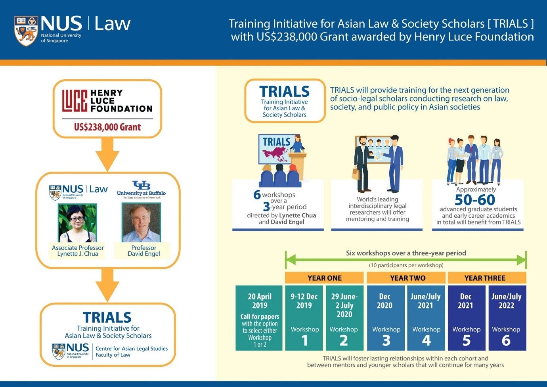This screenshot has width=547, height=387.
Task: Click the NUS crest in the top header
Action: [26, 31]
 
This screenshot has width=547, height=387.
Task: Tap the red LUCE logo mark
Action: [75, 101]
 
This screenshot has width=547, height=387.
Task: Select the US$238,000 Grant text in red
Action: [107, 127]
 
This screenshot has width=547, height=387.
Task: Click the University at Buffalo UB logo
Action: [141, 185]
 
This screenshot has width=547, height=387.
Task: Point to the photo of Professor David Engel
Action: [141, 222]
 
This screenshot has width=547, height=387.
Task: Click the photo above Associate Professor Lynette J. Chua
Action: [77, 223]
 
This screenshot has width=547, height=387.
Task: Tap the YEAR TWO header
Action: [407, 278]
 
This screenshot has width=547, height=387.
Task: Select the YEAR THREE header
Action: [485, 278]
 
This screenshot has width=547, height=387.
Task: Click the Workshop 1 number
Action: [304, 340]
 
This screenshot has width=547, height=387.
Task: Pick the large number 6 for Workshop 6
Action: [506, 340]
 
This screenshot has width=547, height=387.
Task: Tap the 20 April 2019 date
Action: [260, 301]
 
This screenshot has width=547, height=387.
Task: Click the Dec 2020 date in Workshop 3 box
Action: [384, 301]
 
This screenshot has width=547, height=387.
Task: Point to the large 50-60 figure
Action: [475, 199]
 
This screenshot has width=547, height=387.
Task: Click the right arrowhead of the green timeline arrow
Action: [521, 260]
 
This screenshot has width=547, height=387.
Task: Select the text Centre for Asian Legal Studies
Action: [132, 349]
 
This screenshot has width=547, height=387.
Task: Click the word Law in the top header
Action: [112, 23]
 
